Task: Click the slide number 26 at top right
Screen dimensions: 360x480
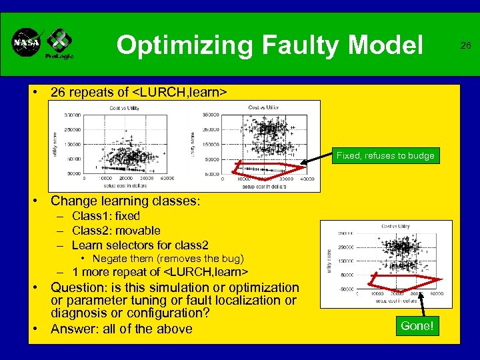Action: [465, 45]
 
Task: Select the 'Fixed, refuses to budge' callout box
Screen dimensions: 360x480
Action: [385, 155]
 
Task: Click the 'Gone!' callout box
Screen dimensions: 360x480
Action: [417, 325]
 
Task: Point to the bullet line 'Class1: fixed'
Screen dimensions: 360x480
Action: [106, 216]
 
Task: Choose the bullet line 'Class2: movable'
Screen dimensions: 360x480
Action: [116, 231]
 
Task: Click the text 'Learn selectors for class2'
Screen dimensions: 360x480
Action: [140, 245]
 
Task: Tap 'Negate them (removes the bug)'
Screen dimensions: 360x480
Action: [168, 258]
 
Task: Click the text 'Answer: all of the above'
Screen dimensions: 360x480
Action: [121, 329]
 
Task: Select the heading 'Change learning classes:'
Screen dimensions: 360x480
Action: [125, 201]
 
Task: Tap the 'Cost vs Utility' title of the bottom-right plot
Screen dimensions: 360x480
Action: [395, 226]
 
